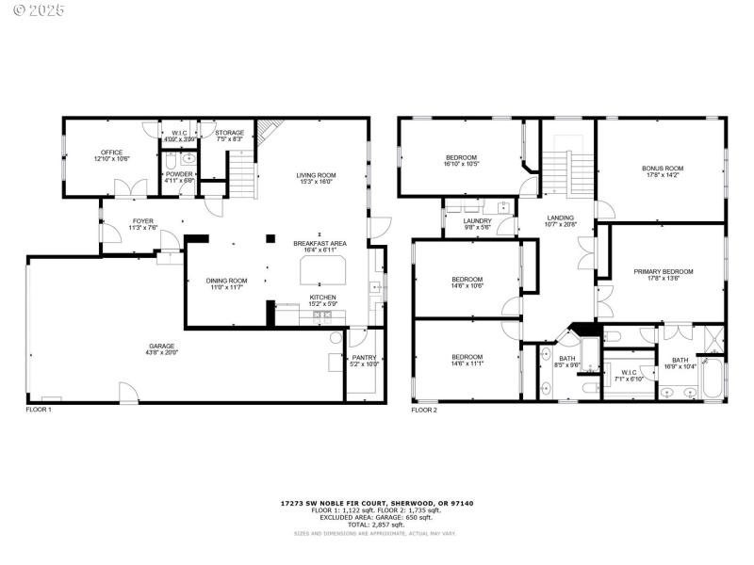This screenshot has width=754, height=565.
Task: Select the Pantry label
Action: [x=364, y=357]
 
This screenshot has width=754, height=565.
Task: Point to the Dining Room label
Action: [x=226, y=280]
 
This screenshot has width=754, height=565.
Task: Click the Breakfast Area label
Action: [x=320, y=243]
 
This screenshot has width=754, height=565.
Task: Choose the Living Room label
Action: [x=316, y=175]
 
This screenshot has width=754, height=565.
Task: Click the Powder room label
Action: [x=178, y=174]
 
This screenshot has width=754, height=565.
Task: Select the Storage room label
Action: [x=229, y=133]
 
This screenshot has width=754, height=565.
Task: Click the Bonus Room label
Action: [x=663, y=169]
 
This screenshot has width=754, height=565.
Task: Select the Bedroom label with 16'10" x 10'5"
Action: [x=461, y=157]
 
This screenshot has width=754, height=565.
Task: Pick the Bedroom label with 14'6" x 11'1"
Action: [x=467, y=357]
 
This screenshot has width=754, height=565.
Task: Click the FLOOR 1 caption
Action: [x=39, y=410]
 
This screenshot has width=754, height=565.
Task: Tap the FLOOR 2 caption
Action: [x=425, y=410]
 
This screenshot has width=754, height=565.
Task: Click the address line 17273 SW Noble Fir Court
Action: [x=376, y=504]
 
